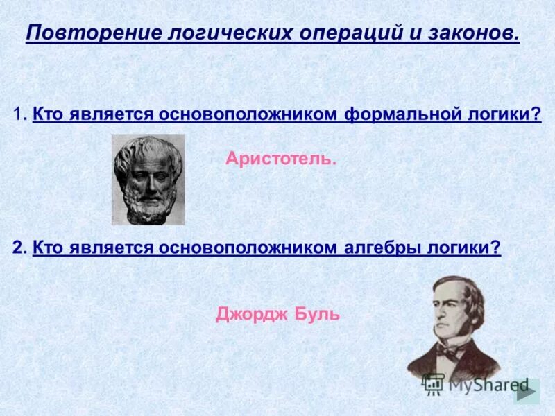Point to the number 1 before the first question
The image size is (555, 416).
click(x=17, y=114)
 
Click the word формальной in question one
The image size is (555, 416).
click(x=398, y=114)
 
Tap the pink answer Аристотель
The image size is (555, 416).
click(x=280, y=159)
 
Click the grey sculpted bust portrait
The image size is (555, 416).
click(x=148, y=180)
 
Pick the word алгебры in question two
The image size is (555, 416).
click(x=377, y=248)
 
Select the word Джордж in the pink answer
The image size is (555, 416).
click(x=246, y=314)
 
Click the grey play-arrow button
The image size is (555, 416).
click(x=528, y=392)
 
